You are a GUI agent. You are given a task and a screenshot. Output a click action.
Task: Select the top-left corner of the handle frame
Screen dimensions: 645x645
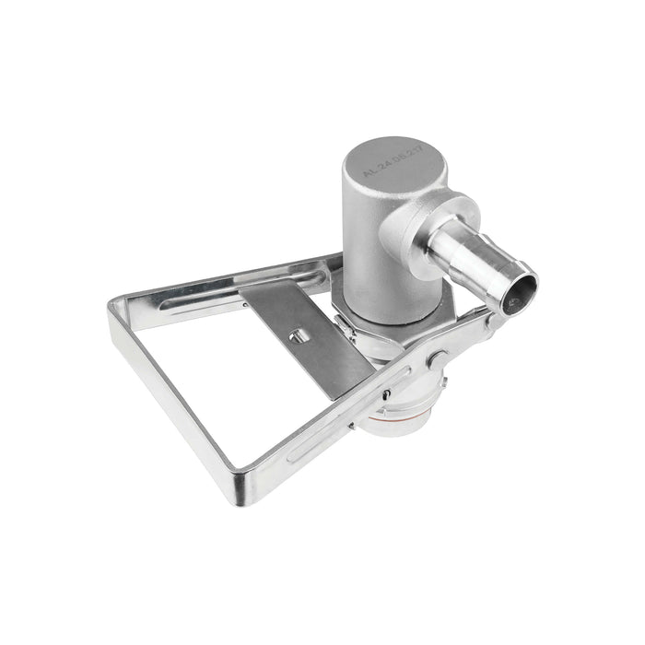pyautogui.click(x=117, y=301)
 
